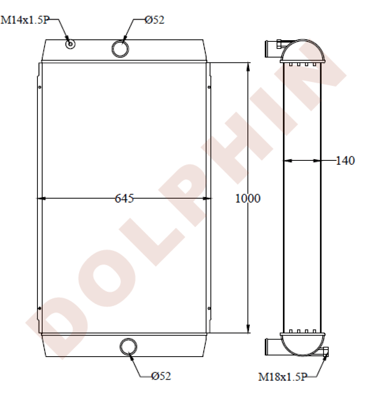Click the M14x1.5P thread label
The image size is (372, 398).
coord(25,20)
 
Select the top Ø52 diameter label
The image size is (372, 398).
coord(154,20)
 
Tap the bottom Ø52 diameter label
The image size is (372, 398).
coord(161,375)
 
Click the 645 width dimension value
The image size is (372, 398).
coord(124,198)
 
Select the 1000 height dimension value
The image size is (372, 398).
coord(247,198)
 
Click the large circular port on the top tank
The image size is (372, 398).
coord(120,48)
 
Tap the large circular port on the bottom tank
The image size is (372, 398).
coord(129,346)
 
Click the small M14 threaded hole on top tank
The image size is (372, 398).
coord(70,44)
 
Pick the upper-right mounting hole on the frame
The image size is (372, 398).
coord(209,87)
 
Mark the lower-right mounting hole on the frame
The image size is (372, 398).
coord(209,308)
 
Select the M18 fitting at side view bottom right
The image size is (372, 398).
coord(326,351)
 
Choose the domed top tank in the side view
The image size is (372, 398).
coord(302,51)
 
